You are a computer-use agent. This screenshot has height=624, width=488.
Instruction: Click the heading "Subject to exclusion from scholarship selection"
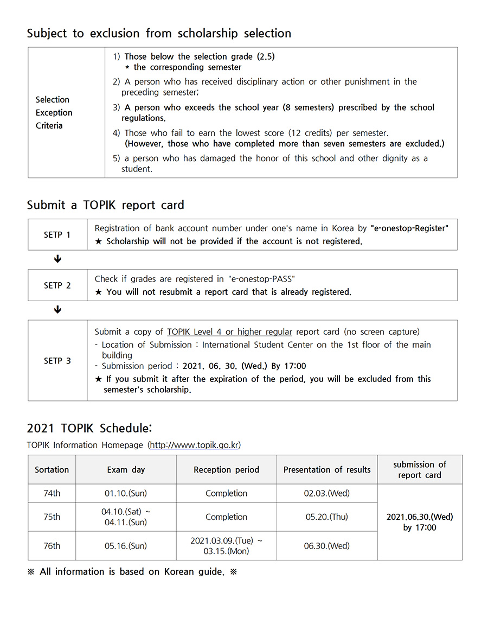click(159, 33)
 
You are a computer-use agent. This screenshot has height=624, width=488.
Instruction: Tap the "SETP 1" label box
click(57, 235)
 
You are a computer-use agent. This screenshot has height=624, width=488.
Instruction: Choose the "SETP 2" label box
click(57, 285)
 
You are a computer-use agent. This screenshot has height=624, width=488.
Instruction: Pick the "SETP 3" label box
click(57, 361)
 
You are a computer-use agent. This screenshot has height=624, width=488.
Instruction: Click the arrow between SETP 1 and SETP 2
click(57, 259)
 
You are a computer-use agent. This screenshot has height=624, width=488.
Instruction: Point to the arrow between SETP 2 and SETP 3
click(57, 310)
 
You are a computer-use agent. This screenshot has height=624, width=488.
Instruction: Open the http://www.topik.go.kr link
click(194, 445)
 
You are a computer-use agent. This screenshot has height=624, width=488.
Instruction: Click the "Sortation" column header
click(52, 470)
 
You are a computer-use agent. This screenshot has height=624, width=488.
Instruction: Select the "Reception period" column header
click(226, 470)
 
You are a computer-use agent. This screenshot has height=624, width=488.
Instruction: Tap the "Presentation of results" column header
click(327, 470)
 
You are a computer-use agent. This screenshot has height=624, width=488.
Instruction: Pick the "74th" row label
click(52, 494)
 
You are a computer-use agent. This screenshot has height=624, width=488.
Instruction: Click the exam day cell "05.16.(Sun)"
click(126, 546)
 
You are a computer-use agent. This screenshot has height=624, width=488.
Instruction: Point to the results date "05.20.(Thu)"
click(327, 517)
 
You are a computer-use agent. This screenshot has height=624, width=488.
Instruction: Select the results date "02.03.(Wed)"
click(327, 494)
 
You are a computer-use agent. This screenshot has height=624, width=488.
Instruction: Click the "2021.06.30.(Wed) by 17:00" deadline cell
click(420, 522)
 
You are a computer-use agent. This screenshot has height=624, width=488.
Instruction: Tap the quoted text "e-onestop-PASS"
click(262, 279)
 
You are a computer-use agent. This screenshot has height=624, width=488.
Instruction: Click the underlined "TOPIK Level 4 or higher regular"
click(229, 332)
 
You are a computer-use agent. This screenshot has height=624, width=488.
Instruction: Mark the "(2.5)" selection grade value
click(265, 56)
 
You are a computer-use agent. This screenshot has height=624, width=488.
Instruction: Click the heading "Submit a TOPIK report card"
click(106, 205)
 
